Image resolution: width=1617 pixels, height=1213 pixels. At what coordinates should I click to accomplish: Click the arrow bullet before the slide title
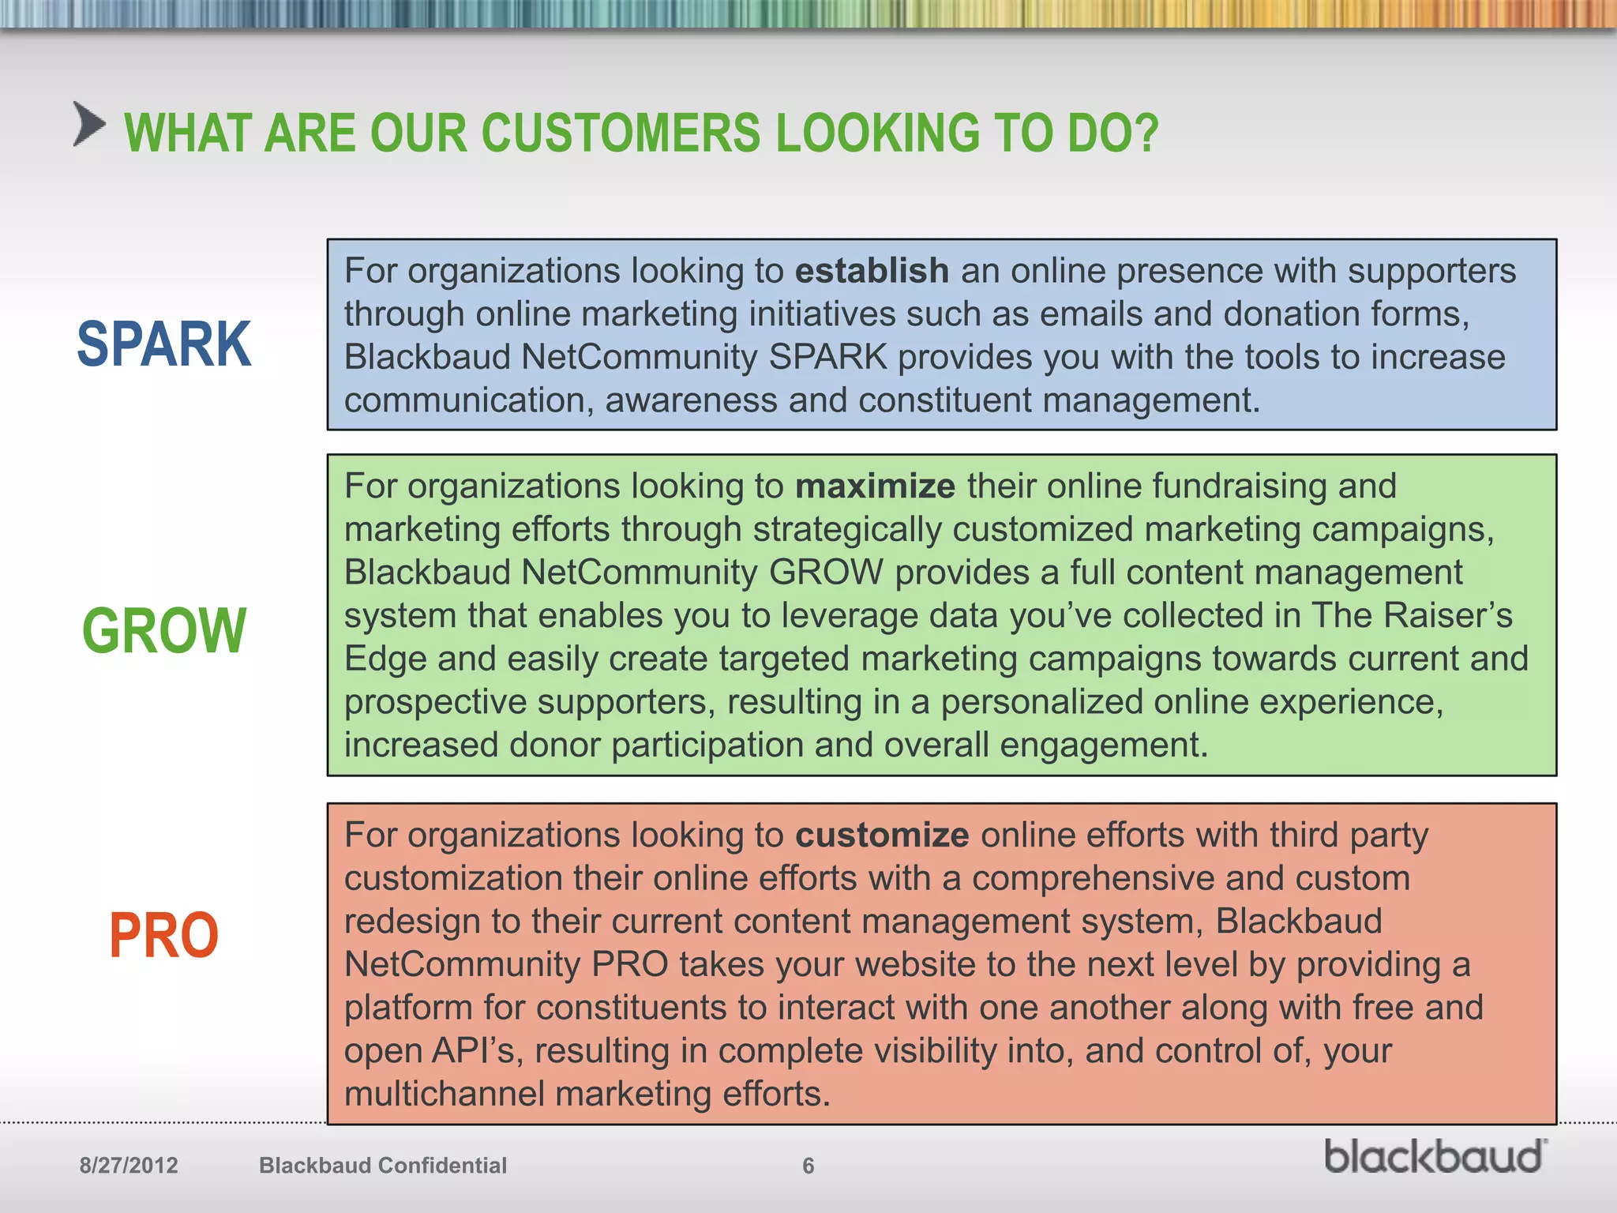coord(89,125)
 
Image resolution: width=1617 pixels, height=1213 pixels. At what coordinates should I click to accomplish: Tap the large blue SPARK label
coord(164,344)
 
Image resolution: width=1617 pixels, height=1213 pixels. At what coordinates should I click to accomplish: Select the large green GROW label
coord(164,631)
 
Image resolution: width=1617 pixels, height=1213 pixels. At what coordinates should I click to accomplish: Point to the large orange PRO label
coord(163,936)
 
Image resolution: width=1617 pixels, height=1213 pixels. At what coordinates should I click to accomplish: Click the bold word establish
coord(871,271)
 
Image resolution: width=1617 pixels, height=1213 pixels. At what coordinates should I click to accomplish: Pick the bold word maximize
coord(875,486)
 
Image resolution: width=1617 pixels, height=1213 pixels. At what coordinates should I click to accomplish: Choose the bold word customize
coord(881,836)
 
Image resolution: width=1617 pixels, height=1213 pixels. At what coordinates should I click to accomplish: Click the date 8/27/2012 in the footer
coord(129,1166)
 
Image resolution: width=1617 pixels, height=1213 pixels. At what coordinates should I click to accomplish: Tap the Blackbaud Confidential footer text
coord(383,1166)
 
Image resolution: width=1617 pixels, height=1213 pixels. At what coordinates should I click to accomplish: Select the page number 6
coord(808,1166)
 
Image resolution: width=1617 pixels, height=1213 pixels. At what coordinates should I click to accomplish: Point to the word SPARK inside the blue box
coord(827,358)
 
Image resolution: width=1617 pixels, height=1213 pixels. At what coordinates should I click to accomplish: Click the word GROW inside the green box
coord(825,573)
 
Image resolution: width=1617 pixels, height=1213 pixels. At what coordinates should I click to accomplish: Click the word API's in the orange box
coord(476,1051)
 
